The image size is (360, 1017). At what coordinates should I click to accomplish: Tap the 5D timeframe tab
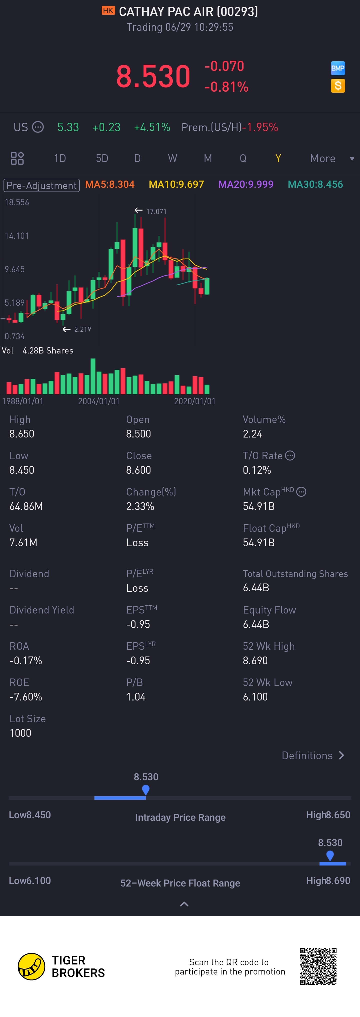[102, 158]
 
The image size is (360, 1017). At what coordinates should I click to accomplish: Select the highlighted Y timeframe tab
[278, 158]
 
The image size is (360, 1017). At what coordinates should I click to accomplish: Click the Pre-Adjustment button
[41, 185]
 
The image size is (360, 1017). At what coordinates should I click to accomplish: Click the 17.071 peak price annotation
[156, 211]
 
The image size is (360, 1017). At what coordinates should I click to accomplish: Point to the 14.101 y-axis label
[16, 236]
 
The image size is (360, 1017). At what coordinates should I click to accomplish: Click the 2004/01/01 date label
[99, 401]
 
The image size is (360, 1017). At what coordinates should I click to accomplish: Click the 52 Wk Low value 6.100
[255, 697]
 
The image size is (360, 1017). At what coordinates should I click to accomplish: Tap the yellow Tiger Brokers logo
[31, 966]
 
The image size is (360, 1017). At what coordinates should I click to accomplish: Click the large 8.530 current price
[153, 76]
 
